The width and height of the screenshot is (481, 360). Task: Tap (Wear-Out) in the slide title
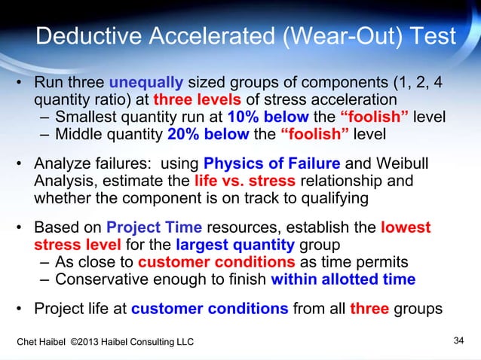348,36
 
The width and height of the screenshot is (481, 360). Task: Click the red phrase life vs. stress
237,182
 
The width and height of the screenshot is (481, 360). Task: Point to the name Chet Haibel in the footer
44,343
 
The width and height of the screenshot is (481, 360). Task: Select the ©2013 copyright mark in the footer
96,343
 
